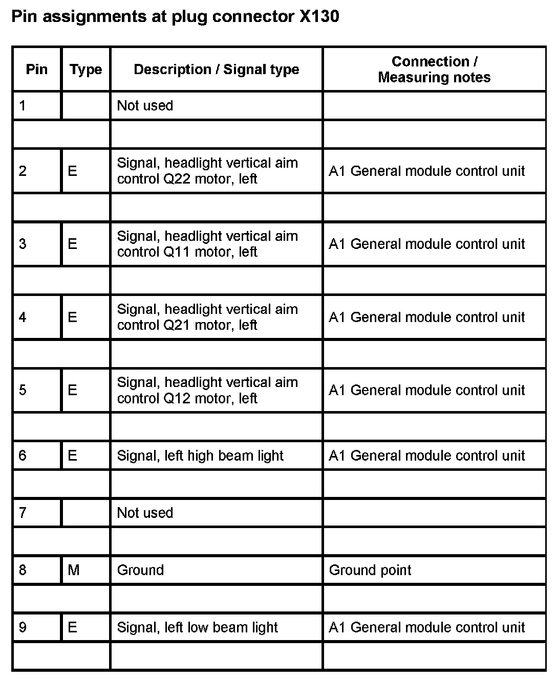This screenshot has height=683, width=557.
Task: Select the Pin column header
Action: pyautogui.click(x=36, y=70)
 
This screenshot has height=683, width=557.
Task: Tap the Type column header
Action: pyautogui.click(x=85, y=70)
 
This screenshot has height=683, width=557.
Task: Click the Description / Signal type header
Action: pyautogui.click(x=216, y=70)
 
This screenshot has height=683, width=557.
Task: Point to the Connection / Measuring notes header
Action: pyautogui.click(x=434, y=70)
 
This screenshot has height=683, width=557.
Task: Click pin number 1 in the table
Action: pyautogui.click(x=23, y=106)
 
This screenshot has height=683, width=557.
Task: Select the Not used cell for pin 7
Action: pyautogui.click(x=145, y=513)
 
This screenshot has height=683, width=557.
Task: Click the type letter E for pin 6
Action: pyautogui.click(x=73, y=456)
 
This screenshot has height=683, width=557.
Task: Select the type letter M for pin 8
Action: pyautogui.click(x=74, y=570)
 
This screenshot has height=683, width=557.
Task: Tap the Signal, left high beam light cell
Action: pyautogui.click(x=200, y=456)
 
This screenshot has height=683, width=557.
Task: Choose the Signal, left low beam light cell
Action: pyautogui.click(x=197, y=627)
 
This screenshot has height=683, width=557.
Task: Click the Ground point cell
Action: pyautogui.click(x=370, y=570)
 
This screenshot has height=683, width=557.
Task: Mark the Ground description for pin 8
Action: pyautogui.click(x=140, y=570)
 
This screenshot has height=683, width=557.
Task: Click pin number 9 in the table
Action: pyautogui.click(x=23, y=627)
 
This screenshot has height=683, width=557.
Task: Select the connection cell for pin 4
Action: pyautogui.click(x=426, y=317)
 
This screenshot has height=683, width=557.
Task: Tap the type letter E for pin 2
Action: pyautogui.click(x=73, y=171)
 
